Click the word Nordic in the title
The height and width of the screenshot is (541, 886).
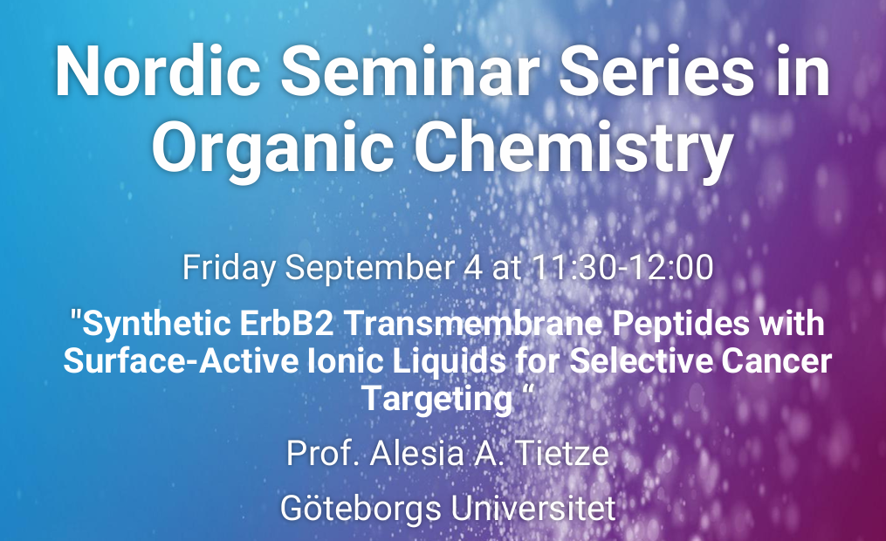click(158, 72)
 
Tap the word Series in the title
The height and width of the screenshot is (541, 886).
click(656, 72)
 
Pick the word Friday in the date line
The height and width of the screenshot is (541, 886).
click(229, 269)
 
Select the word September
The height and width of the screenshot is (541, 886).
click(369, 269)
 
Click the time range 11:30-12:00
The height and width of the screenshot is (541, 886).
click(622, 267)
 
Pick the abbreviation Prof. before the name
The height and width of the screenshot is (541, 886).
click(323, 454)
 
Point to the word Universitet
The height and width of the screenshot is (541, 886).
click(532, 508)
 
